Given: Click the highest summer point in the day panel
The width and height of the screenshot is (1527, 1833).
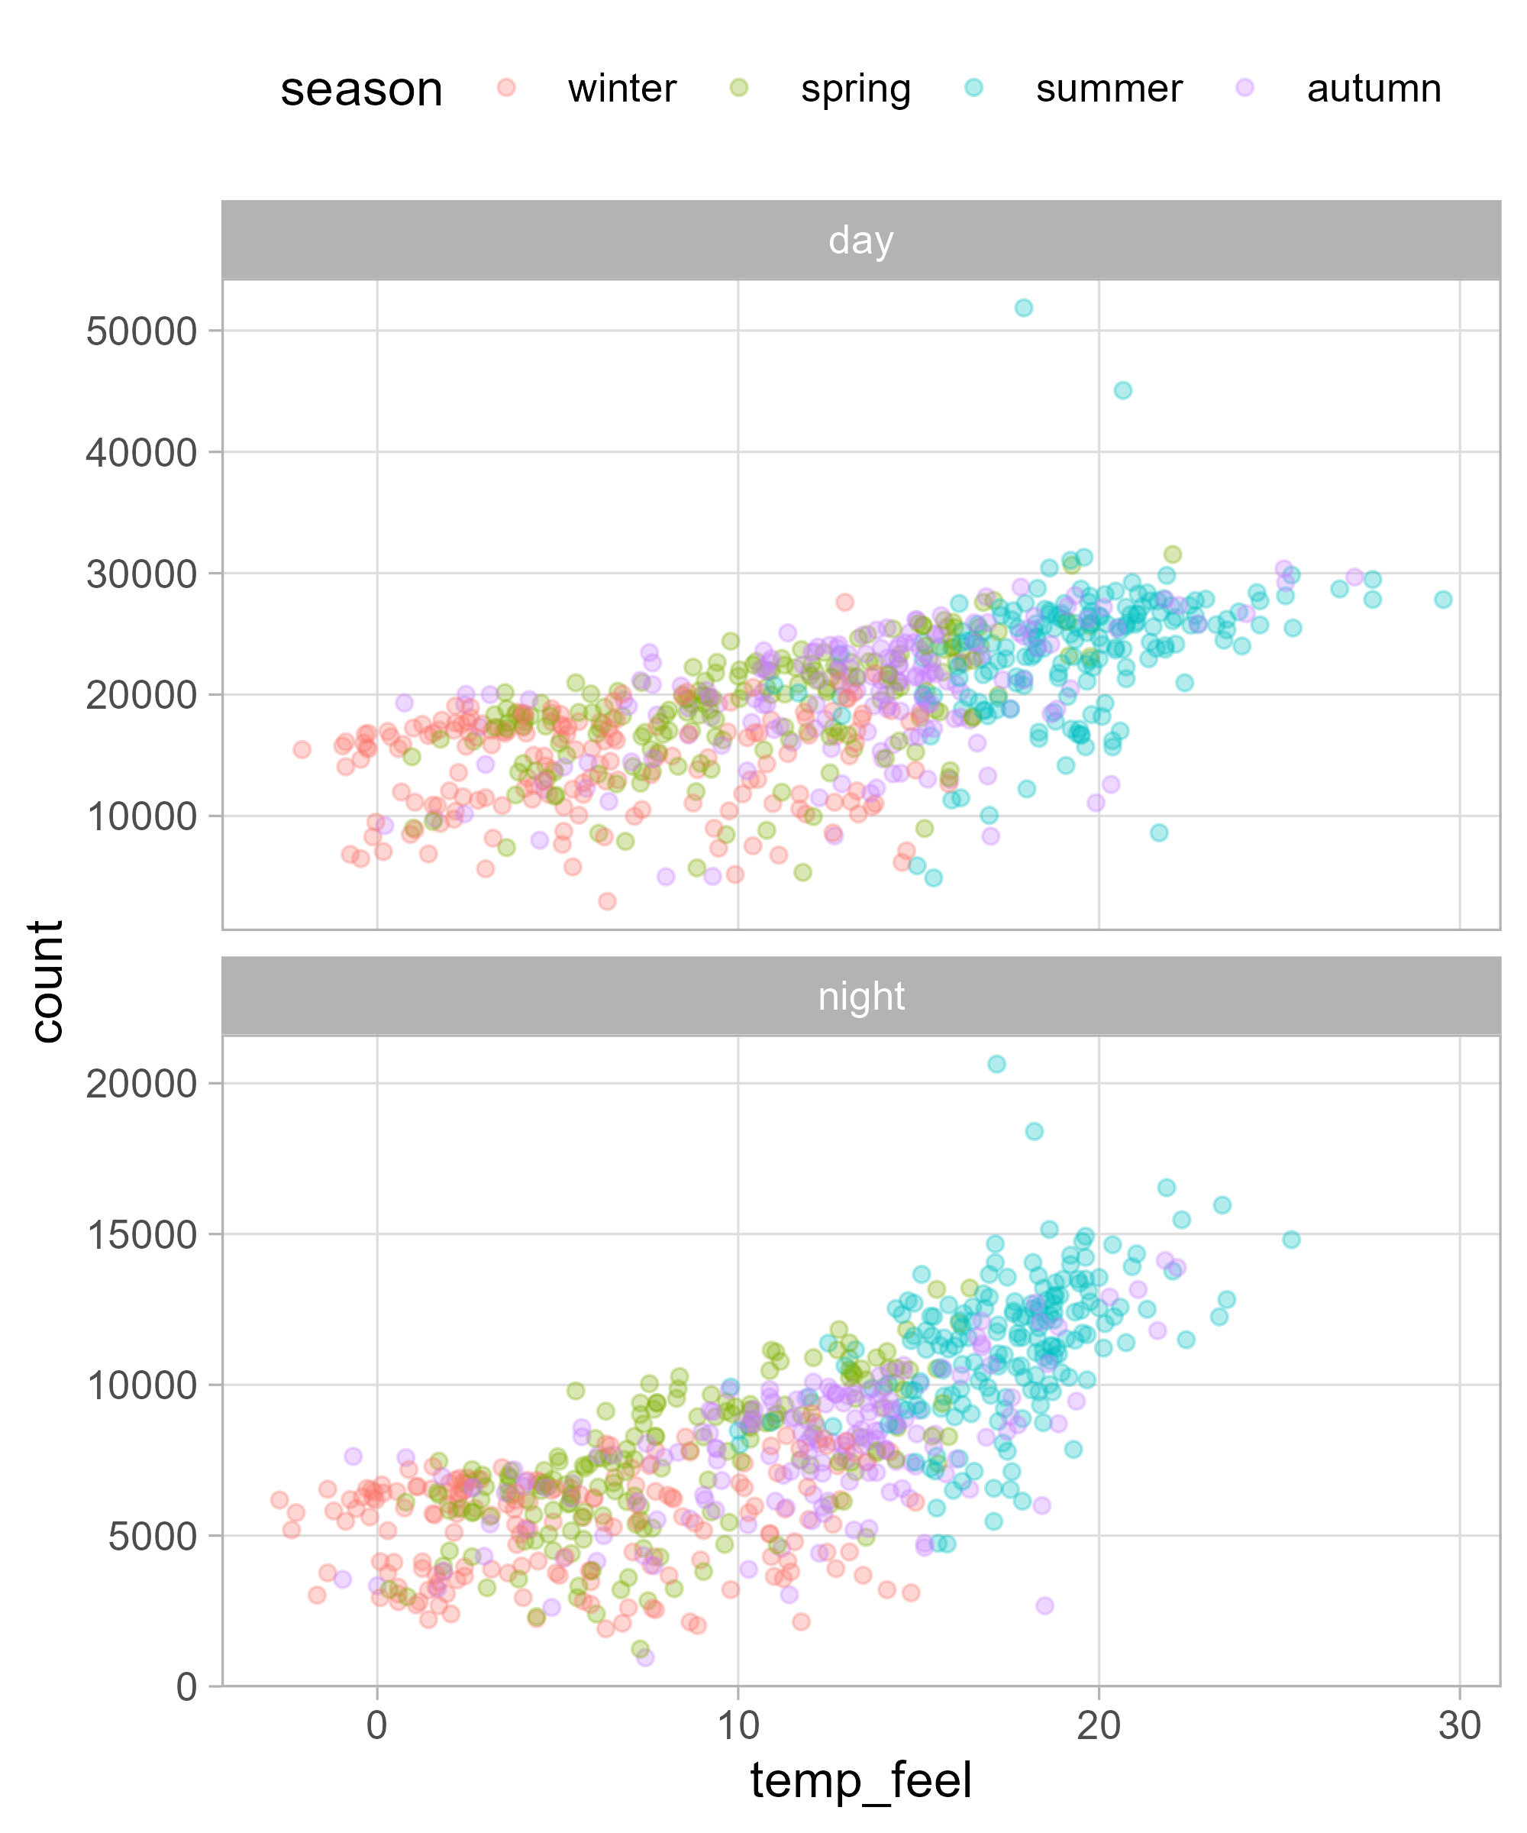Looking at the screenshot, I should (1024, 308).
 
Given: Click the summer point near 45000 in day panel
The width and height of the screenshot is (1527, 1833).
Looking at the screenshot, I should (1123, 390).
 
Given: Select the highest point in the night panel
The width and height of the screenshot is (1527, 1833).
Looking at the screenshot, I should (996, 1064).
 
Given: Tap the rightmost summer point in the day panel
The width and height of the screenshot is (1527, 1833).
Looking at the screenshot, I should (1443, 600).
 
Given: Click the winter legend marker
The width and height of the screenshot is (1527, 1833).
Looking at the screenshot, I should (506, 88).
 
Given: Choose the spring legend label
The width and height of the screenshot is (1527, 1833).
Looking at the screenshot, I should (855, 89).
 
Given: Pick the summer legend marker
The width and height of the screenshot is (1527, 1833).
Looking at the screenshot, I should (973, 88).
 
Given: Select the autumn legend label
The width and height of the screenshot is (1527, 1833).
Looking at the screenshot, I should (1374, 89).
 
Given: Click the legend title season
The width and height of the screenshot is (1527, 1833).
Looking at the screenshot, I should (361, 89).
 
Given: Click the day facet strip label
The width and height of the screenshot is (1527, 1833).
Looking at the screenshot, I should (860, 240).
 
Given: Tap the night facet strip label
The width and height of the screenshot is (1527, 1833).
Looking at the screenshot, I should (860, 997).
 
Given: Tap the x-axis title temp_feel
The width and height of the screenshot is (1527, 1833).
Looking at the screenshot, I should (860, 1780).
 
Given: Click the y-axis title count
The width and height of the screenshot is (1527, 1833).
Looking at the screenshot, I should (47, 981).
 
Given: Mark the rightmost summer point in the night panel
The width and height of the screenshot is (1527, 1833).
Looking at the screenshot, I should (1291, 1240).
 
